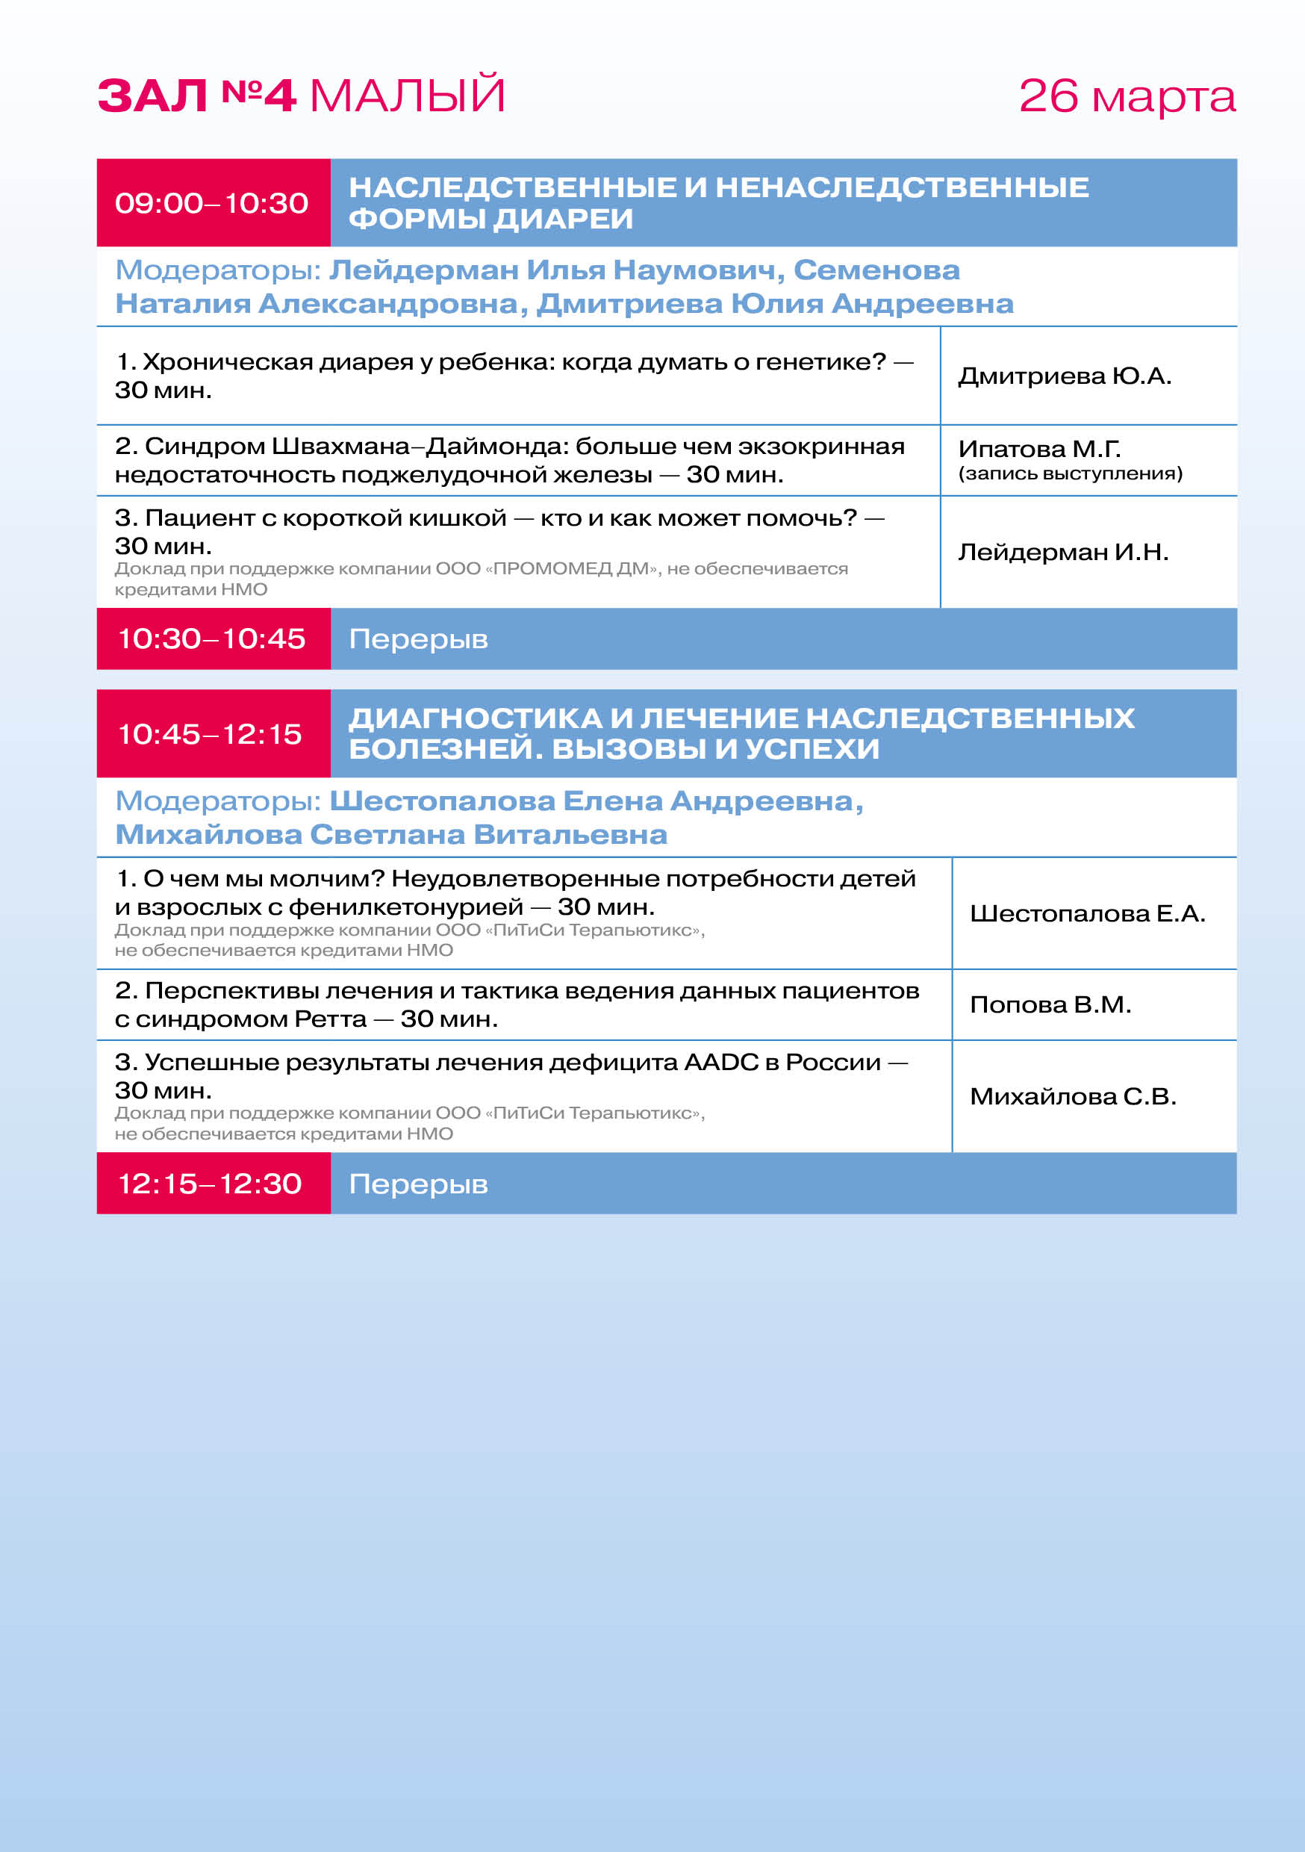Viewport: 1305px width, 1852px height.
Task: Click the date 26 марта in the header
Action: pyautogui.click(x=1126, y=97)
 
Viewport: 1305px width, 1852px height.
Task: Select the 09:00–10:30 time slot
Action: pyautogui.click(x=211, y=203)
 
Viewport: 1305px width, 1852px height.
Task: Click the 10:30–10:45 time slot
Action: pyautogui.click(x=211, y=638)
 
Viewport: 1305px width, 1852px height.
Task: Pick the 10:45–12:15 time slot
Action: pyautogui.click(x=210, y=734)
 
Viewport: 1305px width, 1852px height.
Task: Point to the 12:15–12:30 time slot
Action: pyautogui.click(x=210, y=1184)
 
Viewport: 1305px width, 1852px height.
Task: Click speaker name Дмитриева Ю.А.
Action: pyautogui.click(x=1065, y=376)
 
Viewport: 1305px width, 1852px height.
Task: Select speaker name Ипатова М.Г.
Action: pyautogui.click(x=1038, y=449)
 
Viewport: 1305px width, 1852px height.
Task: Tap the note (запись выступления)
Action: pyautogui.click(x=1071, y=473)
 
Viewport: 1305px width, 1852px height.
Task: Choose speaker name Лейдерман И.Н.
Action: pyautogui.click(x=1063, y=552)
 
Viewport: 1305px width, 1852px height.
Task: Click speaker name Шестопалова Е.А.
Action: pyautogui.click(x=1087, y=913)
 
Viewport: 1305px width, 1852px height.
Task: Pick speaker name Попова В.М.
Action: pyautogui.click(x=1050, y=1004)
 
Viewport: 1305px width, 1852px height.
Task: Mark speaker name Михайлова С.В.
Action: pyautogui.click(x=1073, y=1096)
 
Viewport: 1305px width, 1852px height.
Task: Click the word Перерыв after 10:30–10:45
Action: pyautogui.click(x=418, y=640)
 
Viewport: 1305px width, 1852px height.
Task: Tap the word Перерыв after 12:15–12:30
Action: pyautogui.click(x=418, y=1184)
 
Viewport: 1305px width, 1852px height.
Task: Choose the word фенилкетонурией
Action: pyautogui.click(x=405, y=907)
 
